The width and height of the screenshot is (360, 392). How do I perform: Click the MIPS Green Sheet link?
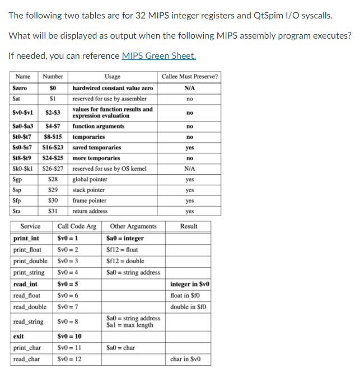click(x=158, y=56)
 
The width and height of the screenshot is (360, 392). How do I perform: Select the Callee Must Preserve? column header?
click(x=189, y=77)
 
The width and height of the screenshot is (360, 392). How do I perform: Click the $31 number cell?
click(x=54, y=211)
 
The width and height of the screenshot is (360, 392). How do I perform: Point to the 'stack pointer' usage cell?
click(x=90, y=190)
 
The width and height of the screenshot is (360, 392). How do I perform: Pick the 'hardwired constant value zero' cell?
click(x=113, y=88)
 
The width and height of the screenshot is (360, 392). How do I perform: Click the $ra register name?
click(x=18, y=211)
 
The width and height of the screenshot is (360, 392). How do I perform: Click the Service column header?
click(x=30, y=226)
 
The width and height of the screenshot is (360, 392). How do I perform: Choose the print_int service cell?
click(x=26, y=238)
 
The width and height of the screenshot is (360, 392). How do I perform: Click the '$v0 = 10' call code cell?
click(x=69, y=337)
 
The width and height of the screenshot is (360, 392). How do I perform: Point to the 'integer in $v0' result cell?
click(x=189, y=284)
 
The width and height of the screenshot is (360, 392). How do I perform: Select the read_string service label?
click(x=28, y=321)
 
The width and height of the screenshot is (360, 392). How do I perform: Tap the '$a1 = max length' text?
click(x=129, y=325)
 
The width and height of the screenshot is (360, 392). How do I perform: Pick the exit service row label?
click(x=18, y=337)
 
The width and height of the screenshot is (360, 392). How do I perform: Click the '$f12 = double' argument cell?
click(x=125, y=261)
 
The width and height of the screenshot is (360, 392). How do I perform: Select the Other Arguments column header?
click(x=133, y=226)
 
